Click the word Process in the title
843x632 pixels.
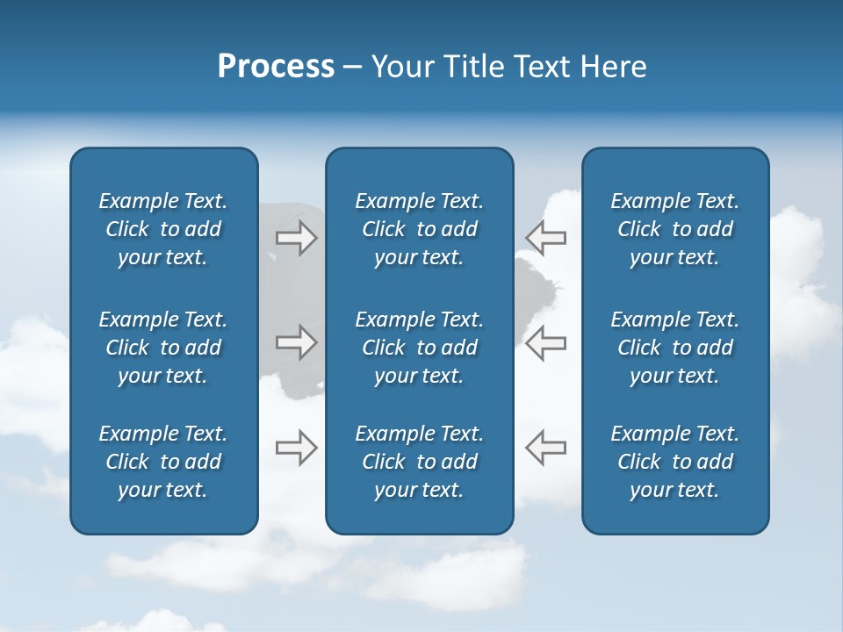276,67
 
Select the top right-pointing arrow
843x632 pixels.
296,238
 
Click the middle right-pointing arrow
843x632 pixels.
296,342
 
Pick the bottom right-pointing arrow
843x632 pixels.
296,448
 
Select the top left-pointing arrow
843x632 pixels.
546,238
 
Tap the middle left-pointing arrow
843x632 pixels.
546,342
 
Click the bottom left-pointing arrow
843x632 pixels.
546,448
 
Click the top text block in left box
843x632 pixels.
163,229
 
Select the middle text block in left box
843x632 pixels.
163,348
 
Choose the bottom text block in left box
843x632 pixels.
163,462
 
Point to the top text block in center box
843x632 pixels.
419,229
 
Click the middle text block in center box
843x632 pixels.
419,348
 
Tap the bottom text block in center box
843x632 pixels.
419,462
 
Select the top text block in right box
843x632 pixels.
674,229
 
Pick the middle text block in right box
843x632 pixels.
674,348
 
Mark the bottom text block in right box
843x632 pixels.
674,462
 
